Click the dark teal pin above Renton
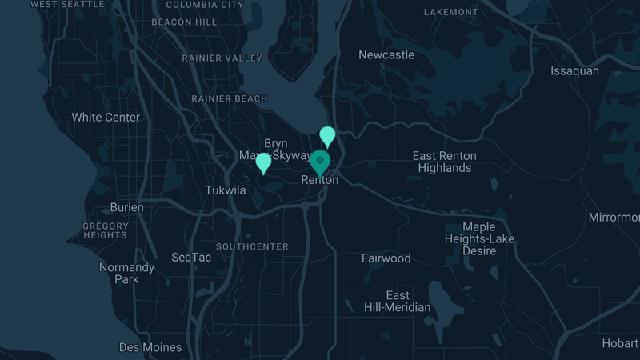tap(320, 162)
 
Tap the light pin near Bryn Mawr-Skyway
tap(263, 163)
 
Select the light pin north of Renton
tap(327, 136)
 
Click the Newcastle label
tap(386, 55)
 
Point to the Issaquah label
tap(574, 71)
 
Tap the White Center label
tap(106, 118)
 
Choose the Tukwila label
tap(226, 190)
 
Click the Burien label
tap(127, 207)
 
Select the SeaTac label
tap(191, 258)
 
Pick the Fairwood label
tap(386, 258)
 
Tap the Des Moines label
tap(150, 347)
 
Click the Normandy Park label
tap(126, 273)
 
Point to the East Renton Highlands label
tap(444, 162)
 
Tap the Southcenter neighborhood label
tap(252, 246)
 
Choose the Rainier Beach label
tap(230, 98)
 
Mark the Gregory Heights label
tap(105, 230)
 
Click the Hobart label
tap(620, 343)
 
